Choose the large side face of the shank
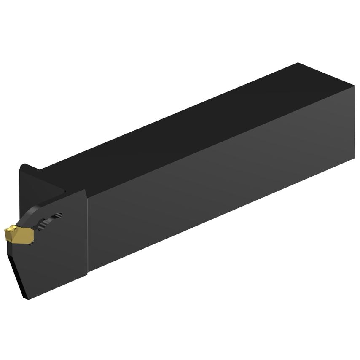219,190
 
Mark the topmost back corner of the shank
298,63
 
